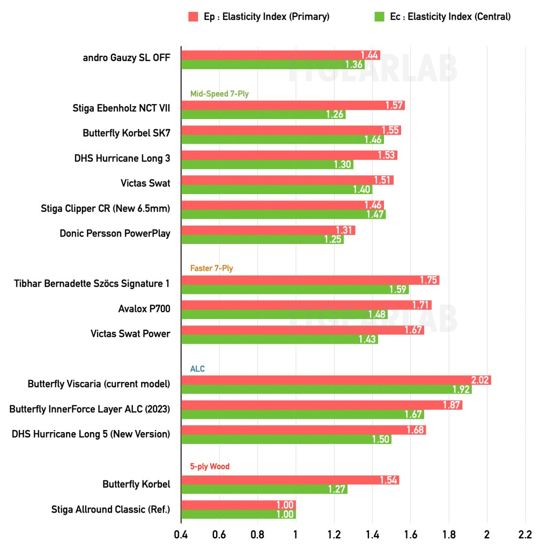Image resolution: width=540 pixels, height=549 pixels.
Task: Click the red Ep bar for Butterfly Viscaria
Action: click(x=336, y=380)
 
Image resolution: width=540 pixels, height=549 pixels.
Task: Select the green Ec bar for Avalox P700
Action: click(x=284, y=315)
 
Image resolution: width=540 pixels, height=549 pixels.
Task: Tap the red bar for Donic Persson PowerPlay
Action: click(x=268, y=231)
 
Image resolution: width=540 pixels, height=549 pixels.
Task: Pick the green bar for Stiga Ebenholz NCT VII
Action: click(x=263, y=115)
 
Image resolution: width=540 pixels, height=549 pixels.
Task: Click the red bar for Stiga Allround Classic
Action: click(x=239, y=505)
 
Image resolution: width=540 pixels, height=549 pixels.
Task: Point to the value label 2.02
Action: click(x=480, y=380)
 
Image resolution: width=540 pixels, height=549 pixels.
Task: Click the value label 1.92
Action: click(x=462, y=390)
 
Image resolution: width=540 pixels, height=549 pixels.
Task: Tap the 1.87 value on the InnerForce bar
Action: click(x=452, y=405)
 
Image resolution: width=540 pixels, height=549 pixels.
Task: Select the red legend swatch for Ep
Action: click(x=194, y=17)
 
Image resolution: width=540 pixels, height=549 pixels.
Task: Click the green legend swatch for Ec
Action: click(x=379, y=17)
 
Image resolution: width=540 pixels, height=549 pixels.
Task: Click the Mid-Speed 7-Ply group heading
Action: click(x=219, y=94)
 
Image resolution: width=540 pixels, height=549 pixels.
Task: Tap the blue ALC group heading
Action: click(x=197, y=369)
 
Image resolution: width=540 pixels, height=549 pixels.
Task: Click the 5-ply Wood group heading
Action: click(x=210, y=466)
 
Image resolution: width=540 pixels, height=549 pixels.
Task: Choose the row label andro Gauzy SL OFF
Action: click(x=127, y=58)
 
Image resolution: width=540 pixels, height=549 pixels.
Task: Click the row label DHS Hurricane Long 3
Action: click(x=122, y=158)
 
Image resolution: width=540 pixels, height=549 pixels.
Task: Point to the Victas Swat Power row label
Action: click(x=130, y=333)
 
